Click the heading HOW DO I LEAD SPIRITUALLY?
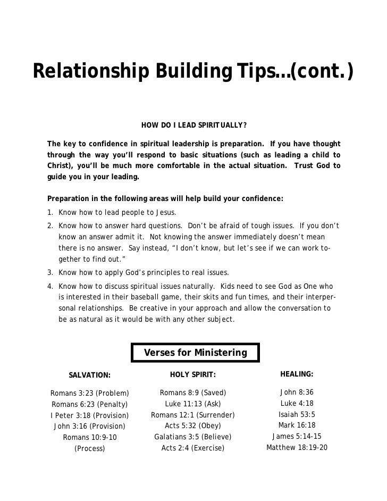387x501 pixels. coord(193,126)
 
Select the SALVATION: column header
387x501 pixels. coord(89,375)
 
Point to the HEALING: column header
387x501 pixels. coord(297,374)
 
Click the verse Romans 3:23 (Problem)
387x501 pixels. coord(89,394)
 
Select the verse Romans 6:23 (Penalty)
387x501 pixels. coord(89,404)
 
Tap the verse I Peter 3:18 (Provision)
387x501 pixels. coord(89,415)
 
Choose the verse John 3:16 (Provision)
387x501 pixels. coord(89,426)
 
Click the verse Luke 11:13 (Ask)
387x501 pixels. coord(193,404)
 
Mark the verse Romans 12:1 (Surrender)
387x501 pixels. coord(193,415)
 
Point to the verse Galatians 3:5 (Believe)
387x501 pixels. coord(193,437)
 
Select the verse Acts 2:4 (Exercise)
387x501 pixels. coord(193,448)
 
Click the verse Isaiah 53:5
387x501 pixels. coord(297,414)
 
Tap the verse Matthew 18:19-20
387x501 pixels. coord(297,447)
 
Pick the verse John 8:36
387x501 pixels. coord(297,393)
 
